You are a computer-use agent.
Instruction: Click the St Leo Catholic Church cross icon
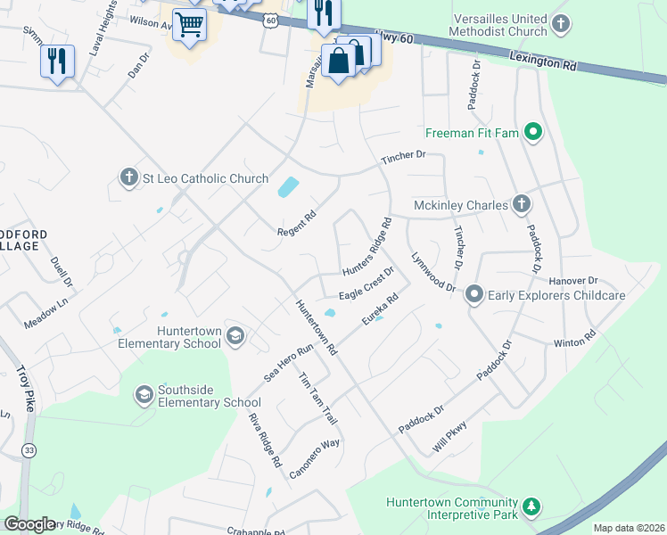click(129, 177)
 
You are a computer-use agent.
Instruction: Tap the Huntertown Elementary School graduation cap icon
click(235, 336)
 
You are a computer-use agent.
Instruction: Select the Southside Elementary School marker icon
click(144, 394)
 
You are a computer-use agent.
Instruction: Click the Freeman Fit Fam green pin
click(533, 134)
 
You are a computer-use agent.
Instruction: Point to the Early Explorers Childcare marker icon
click(474, 294)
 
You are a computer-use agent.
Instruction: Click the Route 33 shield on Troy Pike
click(29, 450)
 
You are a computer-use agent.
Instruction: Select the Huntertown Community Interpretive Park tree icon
click(531, 507)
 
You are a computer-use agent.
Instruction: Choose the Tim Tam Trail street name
click(317, 397)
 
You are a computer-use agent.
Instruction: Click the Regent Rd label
click(297, 223)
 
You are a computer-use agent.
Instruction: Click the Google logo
click(29, 524)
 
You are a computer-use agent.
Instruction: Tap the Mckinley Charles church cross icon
click(521, 205)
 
